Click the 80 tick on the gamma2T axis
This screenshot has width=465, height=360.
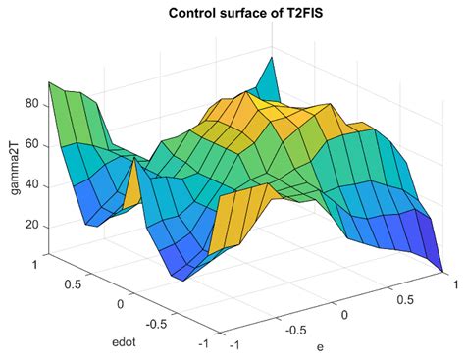coord(29,103)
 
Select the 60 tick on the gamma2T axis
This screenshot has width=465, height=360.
coord(29,144)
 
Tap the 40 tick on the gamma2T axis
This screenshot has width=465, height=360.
coord(29,184)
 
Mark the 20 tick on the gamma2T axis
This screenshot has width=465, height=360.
coord(29,225)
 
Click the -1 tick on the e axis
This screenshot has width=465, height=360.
coord(234,345)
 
